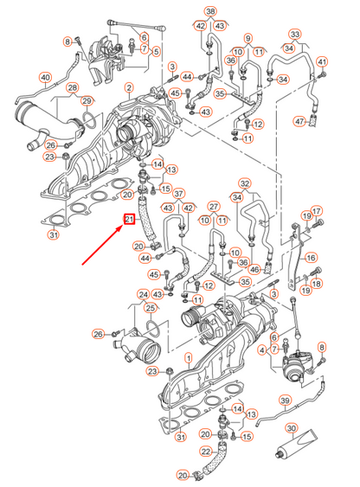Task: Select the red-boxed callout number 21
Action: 129,221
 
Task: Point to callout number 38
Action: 209,10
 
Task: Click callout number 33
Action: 295,35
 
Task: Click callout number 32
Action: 245,183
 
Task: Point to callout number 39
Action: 284,400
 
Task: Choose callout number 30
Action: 292,429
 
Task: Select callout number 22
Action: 206,452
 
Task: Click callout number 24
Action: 144,294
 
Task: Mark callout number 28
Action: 73,88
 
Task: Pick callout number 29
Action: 87,102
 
